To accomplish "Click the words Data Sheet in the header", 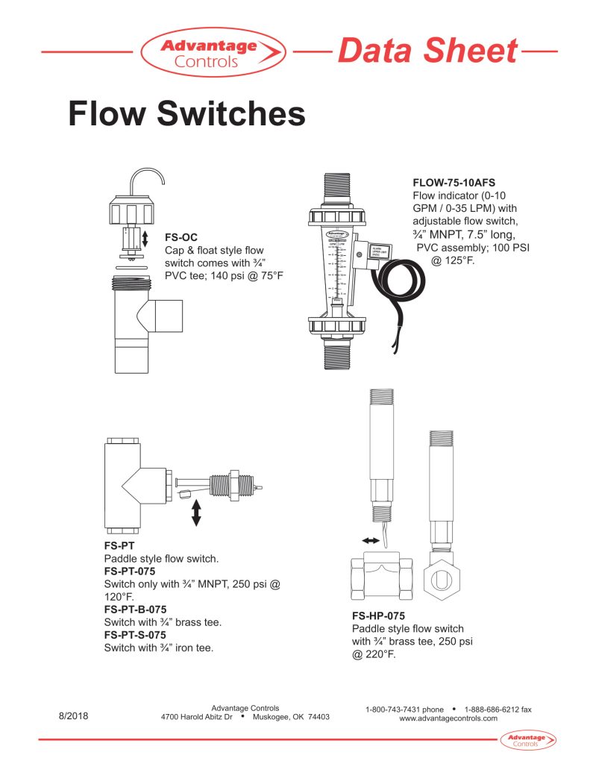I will point(427,51).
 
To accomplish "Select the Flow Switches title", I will point(186,114).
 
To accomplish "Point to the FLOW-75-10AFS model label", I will point(454,182).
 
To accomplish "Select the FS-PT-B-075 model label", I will point(135,610).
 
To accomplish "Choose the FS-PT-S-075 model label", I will point(135,635).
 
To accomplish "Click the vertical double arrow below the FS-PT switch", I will point(197,513).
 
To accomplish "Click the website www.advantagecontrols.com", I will point(448,718).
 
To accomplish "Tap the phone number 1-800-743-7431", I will point(404,709).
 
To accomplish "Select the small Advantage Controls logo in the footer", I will point(527,740).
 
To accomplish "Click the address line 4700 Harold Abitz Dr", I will point(197,718).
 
